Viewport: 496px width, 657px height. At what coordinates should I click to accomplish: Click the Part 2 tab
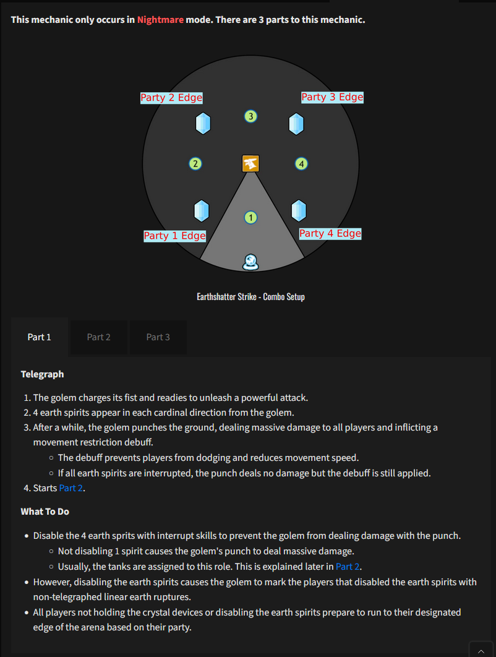pyautogui.click(x=98, y=337)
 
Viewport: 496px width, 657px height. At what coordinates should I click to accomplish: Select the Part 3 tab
pyautogui.click(x=158, y=337)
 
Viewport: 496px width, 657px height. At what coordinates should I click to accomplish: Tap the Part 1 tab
pyautogui.click(x=40, y=337)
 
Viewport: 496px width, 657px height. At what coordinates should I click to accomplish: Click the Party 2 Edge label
pyautogui.click(x=171, y=98)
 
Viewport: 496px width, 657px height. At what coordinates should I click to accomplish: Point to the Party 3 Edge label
pyautogui.click(x=332, y=97)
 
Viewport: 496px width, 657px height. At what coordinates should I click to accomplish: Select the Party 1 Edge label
pyautogui.click(x=174, y=236)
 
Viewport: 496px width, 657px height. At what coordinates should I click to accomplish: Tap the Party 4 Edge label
pyautogui.click(x=330, y=233)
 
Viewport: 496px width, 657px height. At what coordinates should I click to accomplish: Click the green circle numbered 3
pyautogui.click(x=250, y=116)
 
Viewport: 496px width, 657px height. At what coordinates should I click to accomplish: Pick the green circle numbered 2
pyautogui.click(x=195, y=164)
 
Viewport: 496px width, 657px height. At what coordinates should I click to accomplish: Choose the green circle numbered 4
pyautogui.click(x=301, y=164)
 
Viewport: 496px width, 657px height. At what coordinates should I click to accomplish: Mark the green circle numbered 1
pyautogui.click(x=250, y=217)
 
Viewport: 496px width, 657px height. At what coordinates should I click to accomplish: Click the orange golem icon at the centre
pyautogui.click(x=250, y=163)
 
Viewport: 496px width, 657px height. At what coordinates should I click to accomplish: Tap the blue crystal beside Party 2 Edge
pyautogui.click(x=203, y=123)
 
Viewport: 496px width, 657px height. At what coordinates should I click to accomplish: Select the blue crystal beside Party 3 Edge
pyautogui.click(x=296, y=123)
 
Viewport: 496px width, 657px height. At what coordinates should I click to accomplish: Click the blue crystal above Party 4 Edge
pyautogui.click(x=299, y=210)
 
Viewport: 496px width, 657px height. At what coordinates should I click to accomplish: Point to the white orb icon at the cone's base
pyautogui.click(x=250, y=262)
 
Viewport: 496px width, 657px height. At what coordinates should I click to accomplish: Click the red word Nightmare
pyautogui.click(x=160, y=20)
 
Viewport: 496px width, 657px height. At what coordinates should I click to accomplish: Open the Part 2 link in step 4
pyautogui.click(x=71, y=488)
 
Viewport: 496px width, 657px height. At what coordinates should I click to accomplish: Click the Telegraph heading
pyautogui.click(x=42, y=374)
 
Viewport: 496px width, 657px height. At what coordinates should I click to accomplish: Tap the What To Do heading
pyautogui.click(x=45, y=512)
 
